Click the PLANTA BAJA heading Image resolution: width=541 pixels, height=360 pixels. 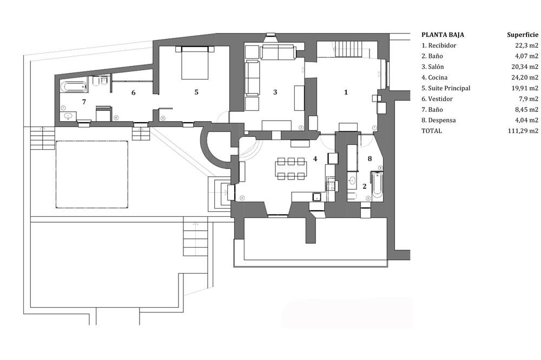pyautogui.click(x=443, y=35)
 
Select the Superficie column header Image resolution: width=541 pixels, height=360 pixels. pyautogui.click(x=523, y=35)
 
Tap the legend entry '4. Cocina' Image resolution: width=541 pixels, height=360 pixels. pyautogui.click(x=434, y=78)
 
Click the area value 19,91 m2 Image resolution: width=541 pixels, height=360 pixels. pyautogui.click(x=525, y=88)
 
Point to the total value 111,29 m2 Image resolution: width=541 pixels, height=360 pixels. pyautogui.click(x=523, y=131)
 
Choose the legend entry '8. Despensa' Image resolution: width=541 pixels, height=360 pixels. pyautogui.click(x=439, y=121)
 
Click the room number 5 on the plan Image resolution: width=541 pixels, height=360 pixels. pyautogui.click(x=196, y=92)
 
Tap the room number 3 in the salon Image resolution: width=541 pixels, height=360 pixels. pyautogui.click(x=275, y=92)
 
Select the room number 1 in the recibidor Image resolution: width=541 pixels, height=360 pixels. pyautogui.click(x=346, y=92)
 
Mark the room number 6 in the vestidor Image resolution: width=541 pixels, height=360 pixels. pyautogui.click(x=134, y=92)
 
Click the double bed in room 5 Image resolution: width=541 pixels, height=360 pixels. pyautogui.click(x=195, y=62)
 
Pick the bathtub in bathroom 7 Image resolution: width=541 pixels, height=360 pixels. pyautogui.click(x=74, y=86)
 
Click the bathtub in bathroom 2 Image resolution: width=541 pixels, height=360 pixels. pyautogui.click(x=377, y=185)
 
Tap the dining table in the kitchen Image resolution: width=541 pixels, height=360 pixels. pyautogui.click(x=291, y=169)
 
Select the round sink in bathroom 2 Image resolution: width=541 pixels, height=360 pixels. pyautogui.click(x=352, y=180)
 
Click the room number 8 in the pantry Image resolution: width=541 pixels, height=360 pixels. pyautogui.click(x=370, y=158)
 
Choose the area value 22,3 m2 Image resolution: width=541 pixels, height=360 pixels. pyautogui.click(x=526, y=45)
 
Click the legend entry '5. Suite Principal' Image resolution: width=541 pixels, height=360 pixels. pyautogui.click(x=446, y=88)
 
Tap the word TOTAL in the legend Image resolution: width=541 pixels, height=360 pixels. pyautogui.click(x=432, y=131)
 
